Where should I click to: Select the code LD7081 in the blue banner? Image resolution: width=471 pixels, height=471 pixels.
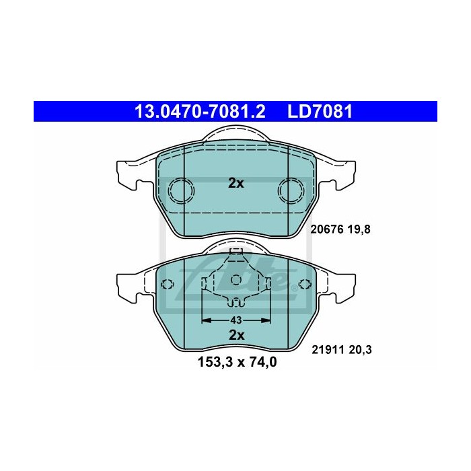[x=320, y=110]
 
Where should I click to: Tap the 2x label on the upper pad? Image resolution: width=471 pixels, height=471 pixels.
[x=235, y=183]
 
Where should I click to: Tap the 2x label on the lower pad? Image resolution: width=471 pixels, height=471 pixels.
[x=235, y=334]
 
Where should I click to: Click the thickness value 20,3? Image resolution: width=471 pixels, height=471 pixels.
[x=361, y=349]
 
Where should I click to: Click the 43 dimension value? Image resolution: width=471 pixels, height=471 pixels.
[x=235, y=320]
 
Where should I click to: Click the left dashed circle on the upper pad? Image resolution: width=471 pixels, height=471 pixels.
[x=180, y=191]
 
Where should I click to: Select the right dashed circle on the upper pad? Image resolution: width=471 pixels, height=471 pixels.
[x=291, y=191]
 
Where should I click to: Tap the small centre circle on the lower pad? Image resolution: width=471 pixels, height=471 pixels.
[x=235, y=279]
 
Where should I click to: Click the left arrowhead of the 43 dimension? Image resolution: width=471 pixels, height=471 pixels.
[x=206, y=320]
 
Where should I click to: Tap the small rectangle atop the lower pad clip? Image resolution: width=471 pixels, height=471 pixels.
[x=235, y=252]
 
